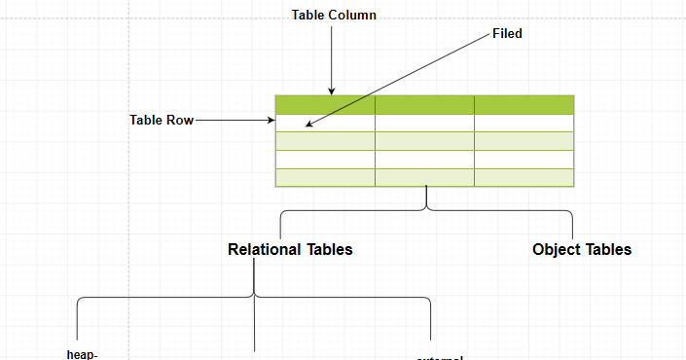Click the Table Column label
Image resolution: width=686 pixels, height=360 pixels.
point(334,16)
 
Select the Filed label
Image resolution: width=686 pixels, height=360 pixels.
point(507,34)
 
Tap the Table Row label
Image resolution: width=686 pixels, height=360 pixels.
point(162,121)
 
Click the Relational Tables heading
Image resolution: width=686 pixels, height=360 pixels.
point(290,250)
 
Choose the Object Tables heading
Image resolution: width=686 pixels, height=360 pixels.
point(582,250)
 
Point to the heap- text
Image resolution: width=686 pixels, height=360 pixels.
point(82,354)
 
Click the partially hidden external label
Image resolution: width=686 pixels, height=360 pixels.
point(440,357)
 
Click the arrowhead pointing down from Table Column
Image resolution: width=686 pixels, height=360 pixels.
point(332,90)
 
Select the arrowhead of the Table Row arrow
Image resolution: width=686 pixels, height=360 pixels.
point(272,121)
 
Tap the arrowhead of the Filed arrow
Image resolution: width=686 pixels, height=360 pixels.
point(309,125)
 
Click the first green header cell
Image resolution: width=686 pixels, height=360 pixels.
point(325,104)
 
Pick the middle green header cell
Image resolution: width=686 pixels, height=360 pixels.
point(424,104)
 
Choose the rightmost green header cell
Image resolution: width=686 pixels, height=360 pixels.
point(524,104)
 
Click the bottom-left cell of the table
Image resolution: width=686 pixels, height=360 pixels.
point(325,178)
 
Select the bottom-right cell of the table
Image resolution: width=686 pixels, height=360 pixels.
point(524,178)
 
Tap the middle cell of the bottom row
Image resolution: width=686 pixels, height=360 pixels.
point(424,178)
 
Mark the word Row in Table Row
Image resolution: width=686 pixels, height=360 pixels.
point(180,121)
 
